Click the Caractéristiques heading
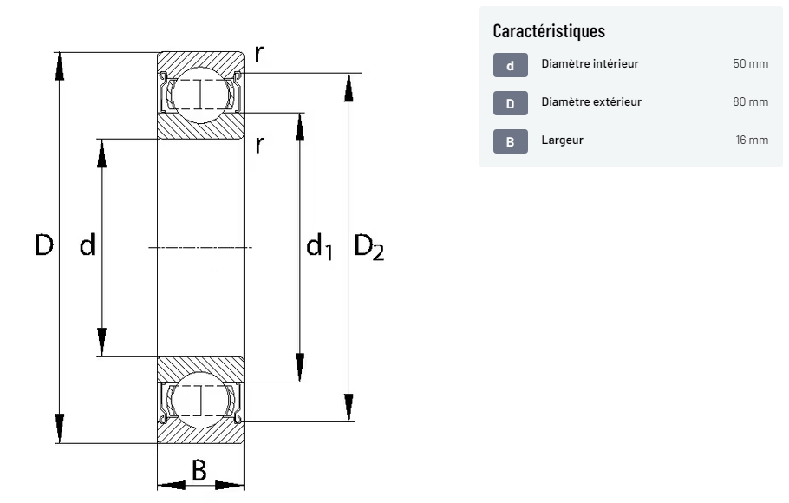point(549,31)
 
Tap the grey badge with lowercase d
point(510,65)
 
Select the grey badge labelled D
point(510,103)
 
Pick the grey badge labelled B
point(510,140)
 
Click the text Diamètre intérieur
point(590,64)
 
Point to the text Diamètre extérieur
point(591,102)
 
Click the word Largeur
point(562,140)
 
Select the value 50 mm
point(751,64)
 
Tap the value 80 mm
point(751,102)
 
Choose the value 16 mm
point(752,140)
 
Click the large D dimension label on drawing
point(43,245)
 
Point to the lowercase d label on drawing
point(87,245)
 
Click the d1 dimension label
point(318,247)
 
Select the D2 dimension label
point(368,247)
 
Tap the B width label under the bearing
point(199,470)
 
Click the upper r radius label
point(259,54)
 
